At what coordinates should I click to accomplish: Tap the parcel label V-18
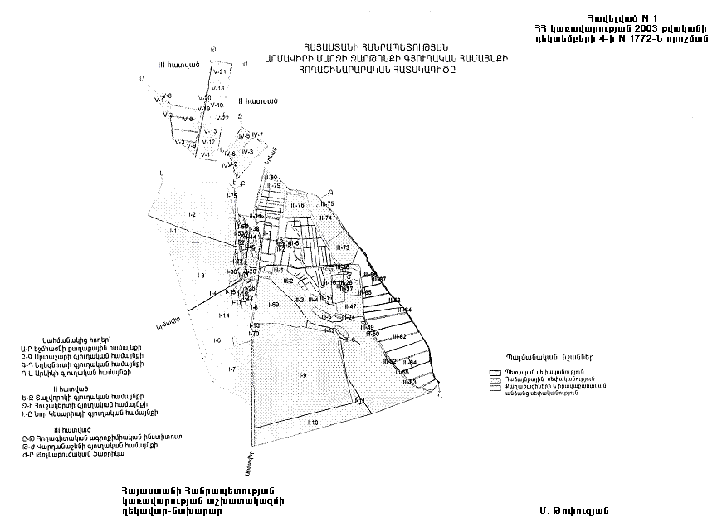(218, 88)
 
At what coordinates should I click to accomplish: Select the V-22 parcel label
(222, 118)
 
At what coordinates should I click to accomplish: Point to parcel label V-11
(207, 155)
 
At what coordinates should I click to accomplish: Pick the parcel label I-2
(191, 214)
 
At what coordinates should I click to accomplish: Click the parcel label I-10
(313, 423)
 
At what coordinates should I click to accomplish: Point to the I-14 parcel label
(223, 316)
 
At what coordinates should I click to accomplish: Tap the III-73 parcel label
(343, 248)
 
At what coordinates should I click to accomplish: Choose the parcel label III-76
(297, 204)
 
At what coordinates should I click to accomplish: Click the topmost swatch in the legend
(496, 373)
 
